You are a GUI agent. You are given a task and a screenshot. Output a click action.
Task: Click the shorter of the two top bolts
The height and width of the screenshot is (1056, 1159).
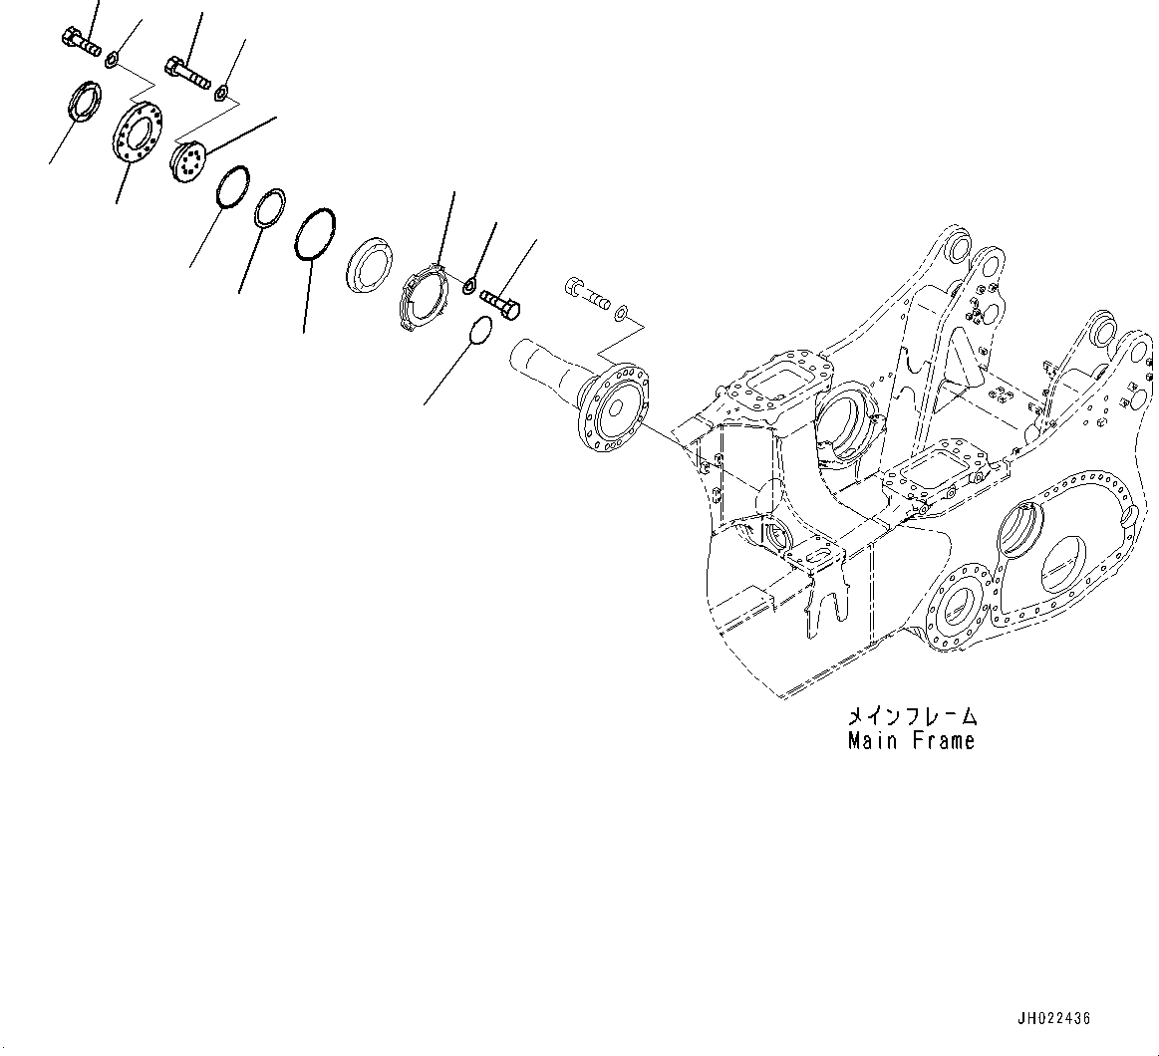81,43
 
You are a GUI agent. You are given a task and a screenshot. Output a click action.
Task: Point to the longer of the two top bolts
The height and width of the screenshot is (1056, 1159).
185,72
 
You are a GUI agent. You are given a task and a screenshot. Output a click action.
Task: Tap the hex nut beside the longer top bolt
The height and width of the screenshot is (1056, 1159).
222,94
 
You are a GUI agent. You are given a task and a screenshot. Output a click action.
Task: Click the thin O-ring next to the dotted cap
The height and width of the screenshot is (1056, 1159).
230,186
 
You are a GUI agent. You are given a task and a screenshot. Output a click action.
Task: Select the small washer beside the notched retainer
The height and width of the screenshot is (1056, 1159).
469,288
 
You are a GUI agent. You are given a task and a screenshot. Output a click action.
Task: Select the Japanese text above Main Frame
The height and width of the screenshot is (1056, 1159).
912,716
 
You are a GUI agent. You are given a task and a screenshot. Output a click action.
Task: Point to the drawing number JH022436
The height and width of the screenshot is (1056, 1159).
1053,1018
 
